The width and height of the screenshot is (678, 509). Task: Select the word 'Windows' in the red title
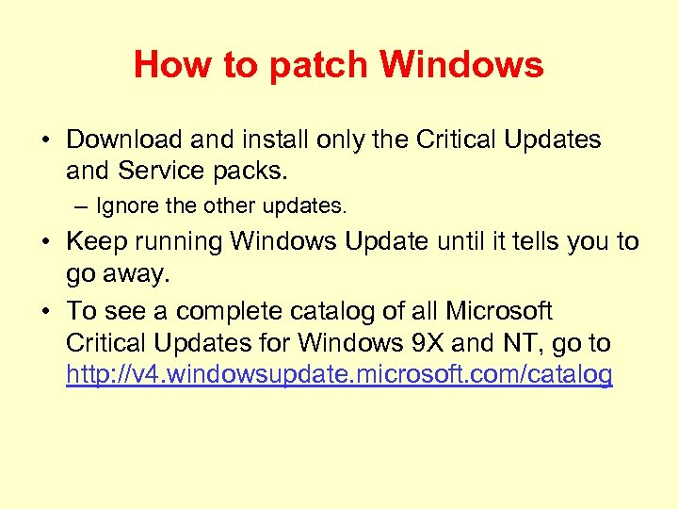tap(461, 65)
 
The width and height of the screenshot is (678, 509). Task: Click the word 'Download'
tap(123, 140)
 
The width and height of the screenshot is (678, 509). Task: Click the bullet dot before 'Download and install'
tap(44, 140)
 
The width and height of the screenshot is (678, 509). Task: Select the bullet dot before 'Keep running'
tap(44, 242)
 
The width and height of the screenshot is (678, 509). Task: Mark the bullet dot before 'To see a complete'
tap(44, 312)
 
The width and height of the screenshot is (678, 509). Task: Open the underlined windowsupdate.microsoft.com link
tap(339, 375)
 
